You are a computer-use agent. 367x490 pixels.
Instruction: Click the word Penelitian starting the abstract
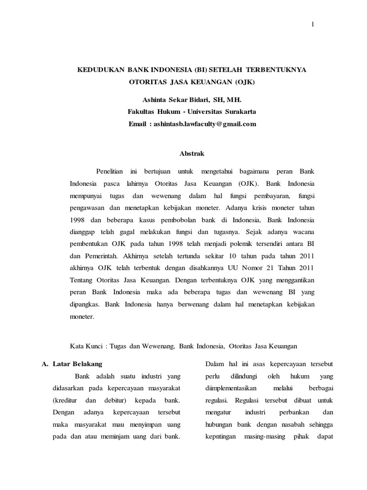coord(109,171)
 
